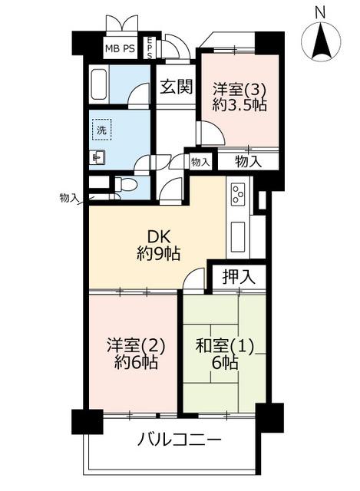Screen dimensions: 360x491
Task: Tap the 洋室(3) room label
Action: point(239,90)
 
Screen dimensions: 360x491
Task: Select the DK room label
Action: point(159,238)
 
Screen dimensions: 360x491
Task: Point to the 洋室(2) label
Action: point(135,345)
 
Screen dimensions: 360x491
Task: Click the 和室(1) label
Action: point(224,346)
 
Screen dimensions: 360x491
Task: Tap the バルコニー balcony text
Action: point(180,440)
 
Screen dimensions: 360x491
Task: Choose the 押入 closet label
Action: point(239,277)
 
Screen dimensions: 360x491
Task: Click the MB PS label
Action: point(120,48)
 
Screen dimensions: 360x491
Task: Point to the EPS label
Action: point(150,48)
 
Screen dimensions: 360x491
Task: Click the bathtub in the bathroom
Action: point(99,84)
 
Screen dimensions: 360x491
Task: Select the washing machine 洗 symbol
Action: point(102,130)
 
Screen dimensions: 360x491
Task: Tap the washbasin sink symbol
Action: point(97,157)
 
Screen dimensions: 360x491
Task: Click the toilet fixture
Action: point(125,185)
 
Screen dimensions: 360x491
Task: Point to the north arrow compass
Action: point(320,41)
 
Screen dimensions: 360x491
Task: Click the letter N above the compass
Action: point(320,13)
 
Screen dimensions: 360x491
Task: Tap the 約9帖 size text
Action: point(159,254)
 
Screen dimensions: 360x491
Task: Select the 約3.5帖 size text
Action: point(239,105)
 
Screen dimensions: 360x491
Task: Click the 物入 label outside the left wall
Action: point(68,198)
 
